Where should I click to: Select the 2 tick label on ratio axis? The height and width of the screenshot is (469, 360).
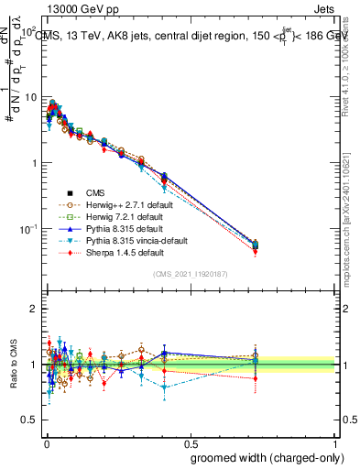[34, 309]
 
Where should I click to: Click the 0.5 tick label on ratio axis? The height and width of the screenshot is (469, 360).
[30, 393]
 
